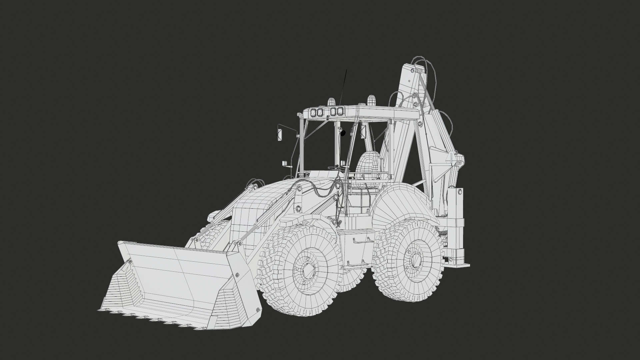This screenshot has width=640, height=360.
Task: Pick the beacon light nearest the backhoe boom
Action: (371, 99)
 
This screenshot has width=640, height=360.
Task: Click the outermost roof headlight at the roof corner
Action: (313, 113)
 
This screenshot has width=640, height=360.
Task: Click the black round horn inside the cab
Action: (343, 133)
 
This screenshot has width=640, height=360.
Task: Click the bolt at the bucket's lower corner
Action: (257, 310)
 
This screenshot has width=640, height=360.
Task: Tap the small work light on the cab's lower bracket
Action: (285, 163)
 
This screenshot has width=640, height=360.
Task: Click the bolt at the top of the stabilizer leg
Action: (460, 191)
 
